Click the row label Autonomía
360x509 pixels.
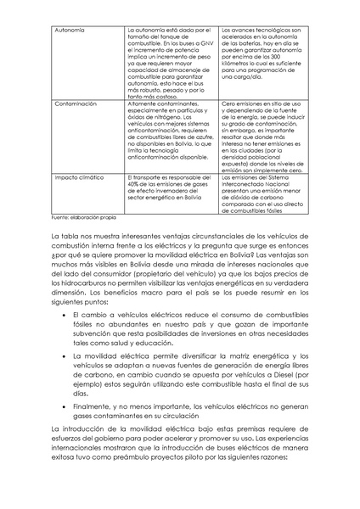[69, 28]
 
